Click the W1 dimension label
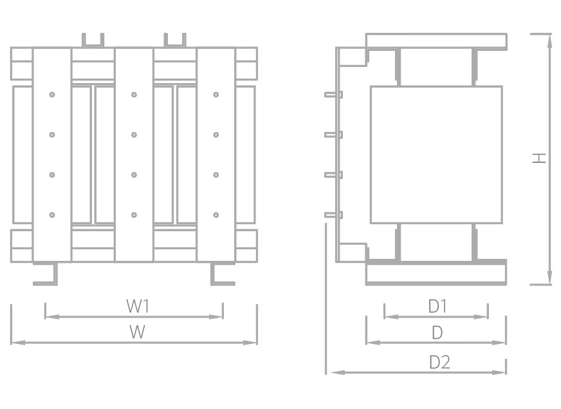point(138,306)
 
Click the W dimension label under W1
point(137,332)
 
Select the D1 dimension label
point(437,306)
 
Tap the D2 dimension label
point(439,363)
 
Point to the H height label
point(539,158)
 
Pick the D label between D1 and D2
point(437,333)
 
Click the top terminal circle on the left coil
point(52,95)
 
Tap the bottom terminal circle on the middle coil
point(134,215)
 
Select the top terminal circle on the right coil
point(216,95)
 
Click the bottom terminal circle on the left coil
point(52,215)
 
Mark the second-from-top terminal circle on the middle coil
point(134,135)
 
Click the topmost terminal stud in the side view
point(333,95)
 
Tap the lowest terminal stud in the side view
point(333,215)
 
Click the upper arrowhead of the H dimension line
point(549,41)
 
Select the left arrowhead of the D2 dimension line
point(337,372)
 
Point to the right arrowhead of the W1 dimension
point(216,317)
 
